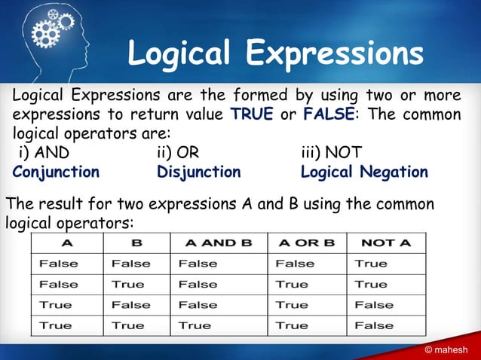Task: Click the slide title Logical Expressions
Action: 275,54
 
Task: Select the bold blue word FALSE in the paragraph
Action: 326,115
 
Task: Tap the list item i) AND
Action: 44,154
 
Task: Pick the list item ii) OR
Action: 178,154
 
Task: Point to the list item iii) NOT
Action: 331,154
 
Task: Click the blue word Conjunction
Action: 57,172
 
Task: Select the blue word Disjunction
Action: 199,172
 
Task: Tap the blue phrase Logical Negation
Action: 364,172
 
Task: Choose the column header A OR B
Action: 307,243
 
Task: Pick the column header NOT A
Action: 386,243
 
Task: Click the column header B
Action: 136,243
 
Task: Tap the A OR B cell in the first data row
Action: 295,264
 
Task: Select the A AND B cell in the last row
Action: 195,325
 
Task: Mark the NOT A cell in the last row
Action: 374,325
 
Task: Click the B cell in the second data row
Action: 127,284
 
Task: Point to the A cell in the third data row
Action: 56,305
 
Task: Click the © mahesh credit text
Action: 446,349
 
